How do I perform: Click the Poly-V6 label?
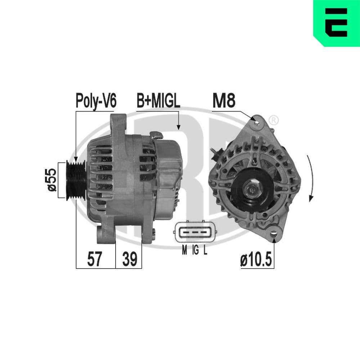[96, 101]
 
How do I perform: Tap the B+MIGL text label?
[158, 101]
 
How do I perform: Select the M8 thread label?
[224, 101]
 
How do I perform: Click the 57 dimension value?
[95, 259]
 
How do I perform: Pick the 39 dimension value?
[129, 259]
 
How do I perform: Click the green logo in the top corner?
[337, 23]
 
